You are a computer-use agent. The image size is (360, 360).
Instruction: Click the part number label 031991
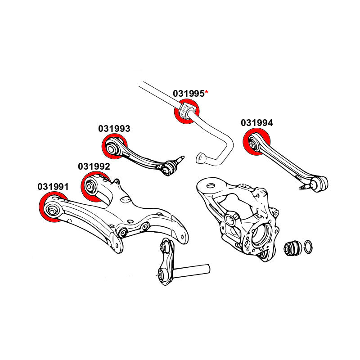53,186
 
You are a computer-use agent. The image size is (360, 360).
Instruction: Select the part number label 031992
94,166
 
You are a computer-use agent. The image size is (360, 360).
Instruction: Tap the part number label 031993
114,129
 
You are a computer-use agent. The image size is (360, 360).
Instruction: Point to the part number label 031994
257,123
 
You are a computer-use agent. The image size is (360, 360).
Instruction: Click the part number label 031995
189,94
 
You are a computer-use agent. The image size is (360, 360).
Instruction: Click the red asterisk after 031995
207,92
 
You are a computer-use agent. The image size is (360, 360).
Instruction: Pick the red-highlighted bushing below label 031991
53,207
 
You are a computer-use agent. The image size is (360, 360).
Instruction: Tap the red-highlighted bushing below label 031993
112,147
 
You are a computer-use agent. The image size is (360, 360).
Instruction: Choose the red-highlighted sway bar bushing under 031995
186,112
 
